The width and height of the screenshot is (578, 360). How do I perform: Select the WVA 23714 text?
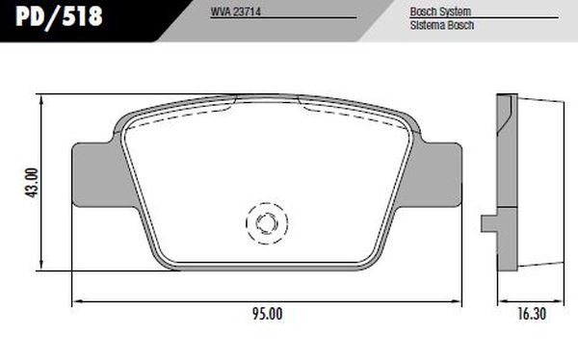[239, 13]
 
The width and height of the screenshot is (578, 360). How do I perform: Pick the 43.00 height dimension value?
[31, 183]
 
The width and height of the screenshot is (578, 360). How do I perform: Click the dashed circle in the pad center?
[267, 222]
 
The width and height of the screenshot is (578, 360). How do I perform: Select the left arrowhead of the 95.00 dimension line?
[77, 302]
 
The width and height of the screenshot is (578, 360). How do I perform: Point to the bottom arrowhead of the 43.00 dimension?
[44, 266]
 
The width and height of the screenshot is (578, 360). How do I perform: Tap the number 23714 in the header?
[248, 13]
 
